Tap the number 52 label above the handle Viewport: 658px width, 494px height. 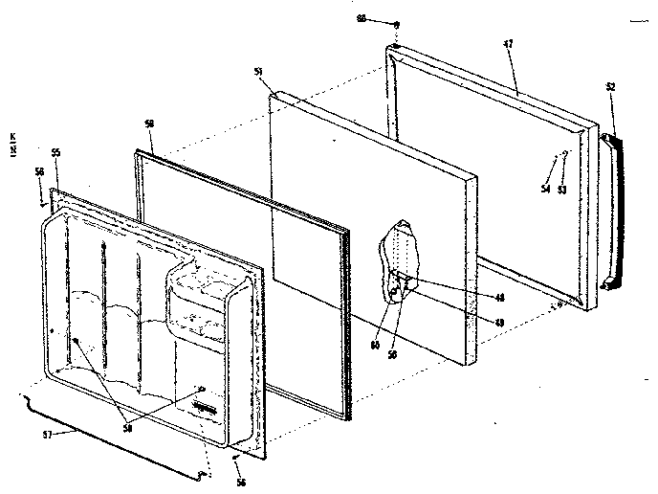click(x=610, y=87)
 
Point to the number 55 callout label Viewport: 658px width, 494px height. click(x=55, y=153)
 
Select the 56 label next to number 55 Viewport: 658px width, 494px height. click(x=39, y=171)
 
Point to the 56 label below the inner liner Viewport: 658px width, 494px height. click(x=241, y=483)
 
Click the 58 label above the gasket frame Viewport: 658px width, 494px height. click(x=148, y=124)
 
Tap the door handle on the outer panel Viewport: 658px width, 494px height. click(x=609, y=211)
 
